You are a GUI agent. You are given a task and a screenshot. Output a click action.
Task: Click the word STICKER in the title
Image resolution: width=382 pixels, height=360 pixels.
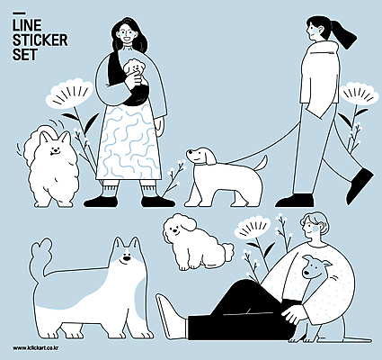pyautogui.click(x=40, y=40)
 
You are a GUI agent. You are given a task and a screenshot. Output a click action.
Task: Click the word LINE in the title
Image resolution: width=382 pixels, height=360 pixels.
pyautogui.click(x=27, y=25)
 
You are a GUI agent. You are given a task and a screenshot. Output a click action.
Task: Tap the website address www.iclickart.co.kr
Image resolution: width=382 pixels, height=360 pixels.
pyautogui.click(x=36, y=348)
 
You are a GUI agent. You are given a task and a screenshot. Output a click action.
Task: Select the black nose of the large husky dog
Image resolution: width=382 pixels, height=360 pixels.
pyautogui.click(x=127, y=258)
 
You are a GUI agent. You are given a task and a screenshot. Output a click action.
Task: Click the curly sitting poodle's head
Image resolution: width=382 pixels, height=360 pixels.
pyautogui.click(x=179, y=227)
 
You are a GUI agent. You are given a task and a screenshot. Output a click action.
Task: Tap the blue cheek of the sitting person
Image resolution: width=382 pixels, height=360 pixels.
pyautogui.click(x=315, y=229)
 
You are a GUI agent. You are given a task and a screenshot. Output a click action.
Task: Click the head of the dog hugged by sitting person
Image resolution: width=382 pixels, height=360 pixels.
pyautogui.click(x=314, y=266)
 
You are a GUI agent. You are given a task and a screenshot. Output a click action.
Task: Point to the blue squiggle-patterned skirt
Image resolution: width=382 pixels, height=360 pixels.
pyautogui.click(x=129, y=142)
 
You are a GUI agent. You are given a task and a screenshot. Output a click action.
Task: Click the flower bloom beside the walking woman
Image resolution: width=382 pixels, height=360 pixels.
pyautogui.click(x=360, y=93)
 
